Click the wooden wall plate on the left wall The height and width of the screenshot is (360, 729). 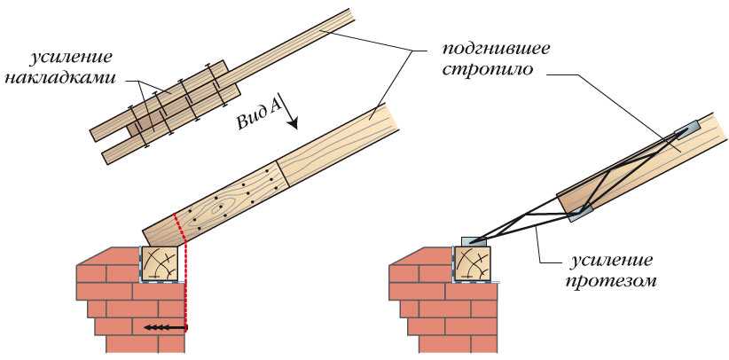[x=161, y=264]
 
